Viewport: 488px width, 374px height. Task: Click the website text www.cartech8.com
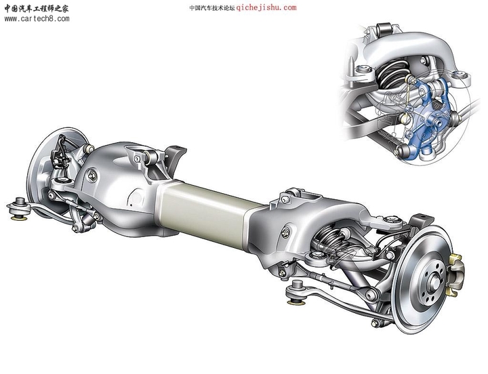(37, 19)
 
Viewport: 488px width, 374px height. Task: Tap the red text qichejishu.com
(266, 8)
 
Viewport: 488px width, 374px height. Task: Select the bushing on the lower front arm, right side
(296, 293)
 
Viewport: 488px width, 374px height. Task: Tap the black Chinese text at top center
(211, 8)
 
